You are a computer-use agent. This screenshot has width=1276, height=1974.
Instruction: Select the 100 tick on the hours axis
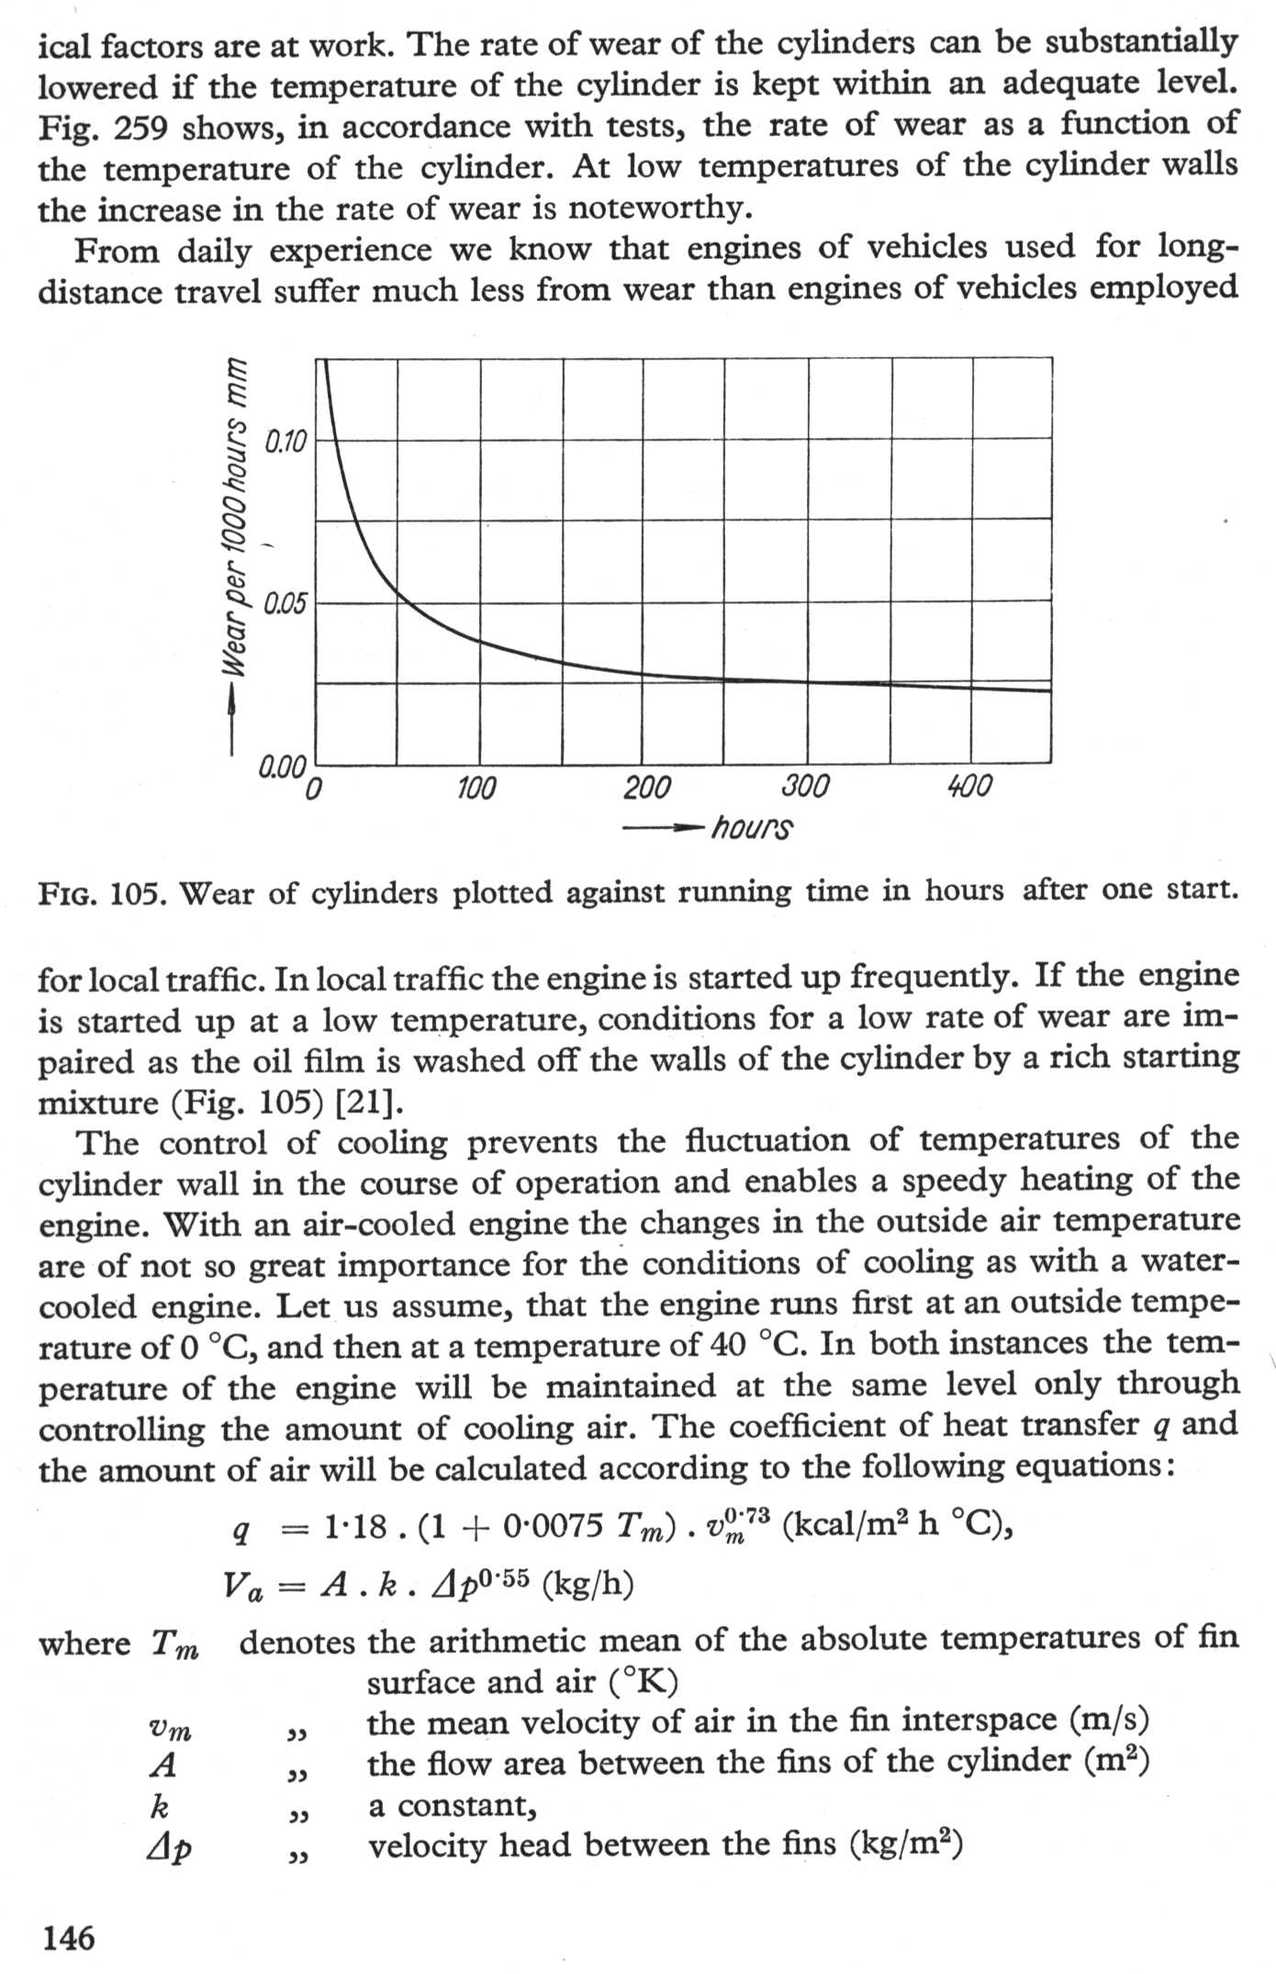[x=476, y=788]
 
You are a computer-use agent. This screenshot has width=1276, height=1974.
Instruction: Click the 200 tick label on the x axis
[x=647, y=788]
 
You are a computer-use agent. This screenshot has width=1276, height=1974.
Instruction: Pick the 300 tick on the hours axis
[x=805, y=788]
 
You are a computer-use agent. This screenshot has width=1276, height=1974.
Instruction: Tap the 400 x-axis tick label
[x=968, y=787]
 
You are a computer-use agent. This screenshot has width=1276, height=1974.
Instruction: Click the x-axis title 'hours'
[x=752, y=828]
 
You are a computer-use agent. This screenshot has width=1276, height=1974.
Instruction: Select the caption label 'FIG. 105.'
[x=101, y=893]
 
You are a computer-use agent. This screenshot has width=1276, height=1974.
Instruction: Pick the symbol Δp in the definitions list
[x=170, y=1847]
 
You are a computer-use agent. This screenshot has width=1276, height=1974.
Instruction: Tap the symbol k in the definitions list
[x=158, y=1806]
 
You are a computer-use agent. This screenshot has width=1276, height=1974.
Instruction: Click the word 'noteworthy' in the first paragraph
[x=655, y=208]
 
